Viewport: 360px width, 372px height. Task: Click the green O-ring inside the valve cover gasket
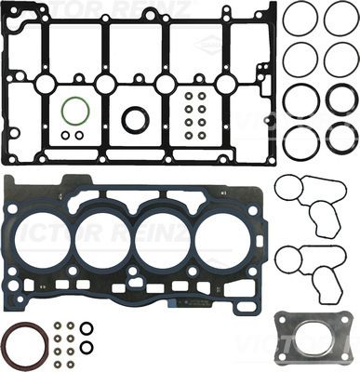[x=74, y=112]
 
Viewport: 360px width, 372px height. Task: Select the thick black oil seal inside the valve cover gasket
[x=136, y=119]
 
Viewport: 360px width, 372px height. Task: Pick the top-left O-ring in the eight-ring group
[x=300, y=19]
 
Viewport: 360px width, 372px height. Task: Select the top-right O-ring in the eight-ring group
[x=340, y=19]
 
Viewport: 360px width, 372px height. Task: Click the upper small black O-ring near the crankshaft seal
[x=87, y=327]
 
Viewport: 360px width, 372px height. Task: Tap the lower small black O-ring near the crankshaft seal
[x=87, y=347]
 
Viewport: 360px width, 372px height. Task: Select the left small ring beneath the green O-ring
[x=66, y=135]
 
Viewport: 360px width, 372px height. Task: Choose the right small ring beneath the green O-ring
[x=79, y=135]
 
